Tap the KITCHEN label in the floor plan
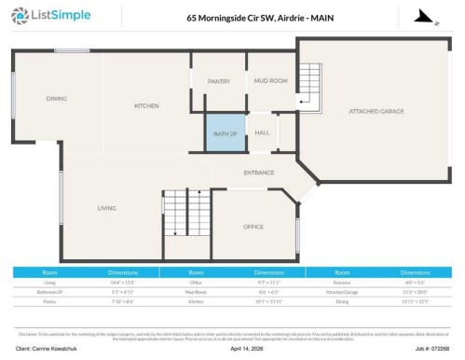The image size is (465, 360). click(146, 105)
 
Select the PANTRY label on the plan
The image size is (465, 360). click(219, 81)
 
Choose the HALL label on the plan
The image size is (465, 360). click(262, 132)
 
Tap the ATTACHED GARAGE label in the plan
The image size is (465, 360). click(376, 111)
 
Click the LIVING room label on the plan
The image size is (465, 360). click(106, 208)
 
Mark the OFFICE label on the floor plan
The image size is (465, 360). click(253, 227)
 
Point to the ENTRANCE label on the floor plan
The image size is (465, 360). click(259, 173)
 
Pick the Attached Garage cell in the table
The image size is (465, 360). click(343, 291)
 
